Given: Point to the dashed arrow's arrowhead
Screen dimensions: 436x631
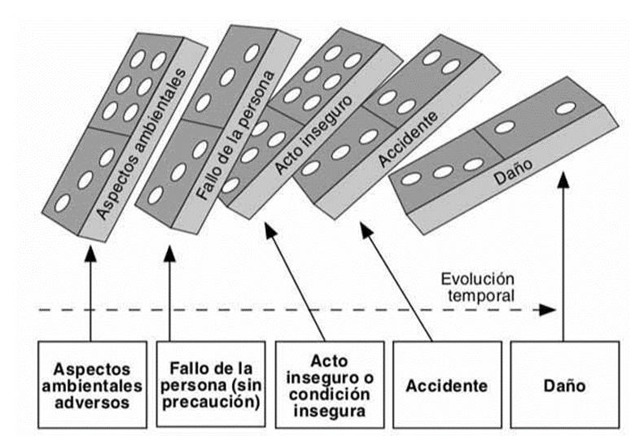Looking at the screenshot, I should [549, 310].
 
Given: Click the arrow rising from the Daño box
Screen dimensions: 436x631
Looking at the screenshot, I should [563, 260].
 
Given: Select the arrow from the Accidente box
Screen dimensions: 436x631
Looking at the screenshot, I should [398, 285].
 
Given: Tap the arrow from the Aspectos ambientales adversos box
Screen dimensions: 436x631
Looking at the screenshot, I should [90, 293].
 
